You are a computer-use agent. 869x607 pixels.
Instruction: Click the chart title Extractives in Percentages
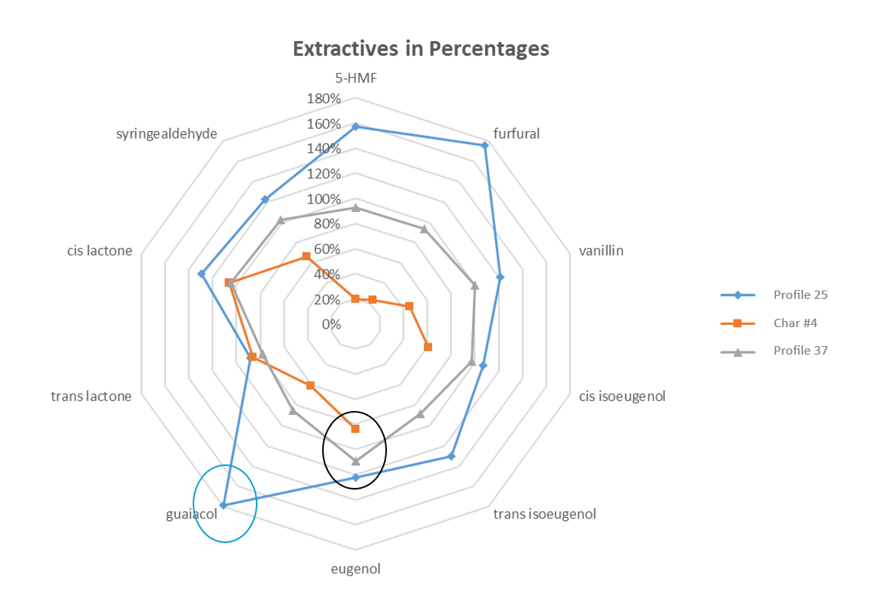tap(420, 49)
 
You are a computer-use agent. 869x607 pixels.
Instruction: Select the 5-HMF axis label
tap(356, 79)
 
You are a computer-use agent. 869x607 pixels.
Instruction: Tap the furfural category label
tap(516, 133)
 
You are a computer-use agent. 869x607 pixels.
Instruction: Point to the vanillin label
tap(602, 251)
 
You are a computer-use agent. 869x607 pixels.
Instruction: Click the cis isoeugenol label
tap(622, 397)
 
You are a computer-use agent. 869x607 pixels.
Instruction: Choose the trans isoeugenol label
tap(545, 514)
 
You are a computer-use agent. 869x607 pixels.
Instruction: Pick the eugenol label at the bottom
tap(356, 570)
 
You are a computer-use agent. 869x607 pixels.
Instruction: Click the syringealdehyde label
tap(167, 133)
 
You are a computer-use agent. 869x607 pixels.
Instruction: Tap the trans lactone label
tap(91, 397)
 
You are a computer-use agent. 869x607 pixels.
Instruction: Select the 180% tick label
tap(324, 99)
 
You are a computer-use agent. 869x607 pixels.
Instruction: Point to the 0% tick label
tap(331, 324)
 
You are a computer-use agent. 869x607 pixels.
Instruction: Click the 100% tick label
tap(324, 198)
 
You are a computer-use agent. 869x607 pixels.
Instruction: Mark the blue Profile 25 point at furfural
tap(485, 146)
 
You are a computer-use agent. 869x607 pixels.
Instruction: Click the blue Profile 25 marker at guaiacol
tap(223, 506)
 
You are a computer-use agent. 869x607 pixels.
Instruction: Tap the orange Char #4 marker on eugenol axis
tap(356, 429)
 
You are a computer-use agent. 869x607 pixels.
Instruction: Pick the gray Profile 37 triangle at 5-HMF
tap(356, 208)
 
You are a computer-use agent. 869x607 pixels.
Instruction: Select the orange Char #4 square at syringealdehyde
tap(306, 256)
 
